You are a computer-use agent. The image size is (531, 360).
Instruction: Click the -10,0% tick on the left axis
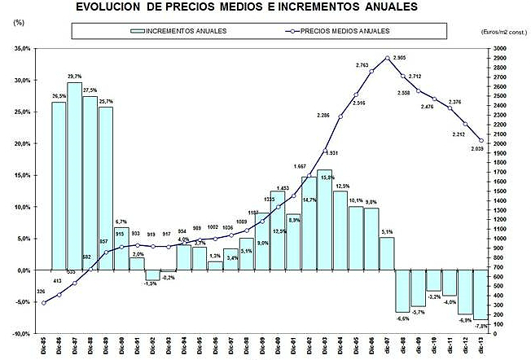(x=18, y=334)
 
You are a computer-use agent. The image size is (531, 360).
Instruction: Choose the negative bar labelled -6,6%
(x=402, y=291)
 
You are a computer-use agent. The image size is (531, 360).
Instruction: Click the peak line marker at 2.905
(x=387, y=58)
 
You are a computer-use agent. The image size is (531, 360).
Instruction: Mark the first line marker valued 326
(x=43, y=303)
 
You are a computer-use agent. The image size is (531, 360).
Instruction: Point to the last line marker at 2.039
(x=481, y=140)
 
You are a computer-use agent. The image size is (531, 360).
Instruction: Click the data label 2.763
(x=363, y=64)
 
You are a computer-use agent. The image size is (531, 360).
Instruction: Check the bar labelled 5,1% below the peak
(x=387, y=253)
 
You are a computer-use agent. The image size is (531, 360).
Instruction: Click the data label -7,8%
(x=481, y=326)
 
